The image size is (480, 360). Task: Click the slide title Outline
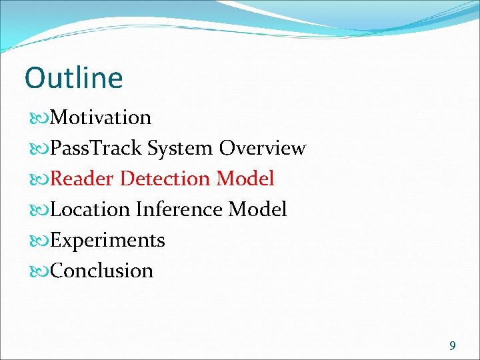click(73, 78)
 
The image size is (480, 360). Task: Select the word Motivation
click(101, 117)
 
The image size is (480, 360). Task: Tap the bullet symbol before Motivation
click(39, 118)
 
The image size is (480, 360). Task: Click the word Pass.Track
click(97, 148)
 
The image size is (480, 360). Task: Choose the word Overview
click(263, 148)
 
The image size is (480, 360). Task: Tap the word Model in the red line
click(245, 179)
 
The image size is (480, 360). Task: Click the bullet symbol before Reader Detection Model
click(39, 179)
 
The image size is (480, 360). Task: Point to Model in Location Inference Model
click(258, 209)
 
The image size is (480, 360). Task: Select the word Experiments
click(107, 240)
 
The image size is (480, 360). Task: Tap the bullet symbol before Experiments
click(39, 241)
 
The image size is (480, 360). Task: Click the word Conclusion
click(101, 271)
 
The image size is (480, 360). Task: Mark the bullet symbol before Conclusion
click(39, 271)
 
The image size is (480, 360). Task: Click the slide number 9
click(453, 345)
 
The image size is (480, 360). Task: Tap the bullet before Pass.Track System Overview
click(39, 149)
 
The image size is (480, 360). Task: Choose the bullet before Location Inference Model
click(39, 210)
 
